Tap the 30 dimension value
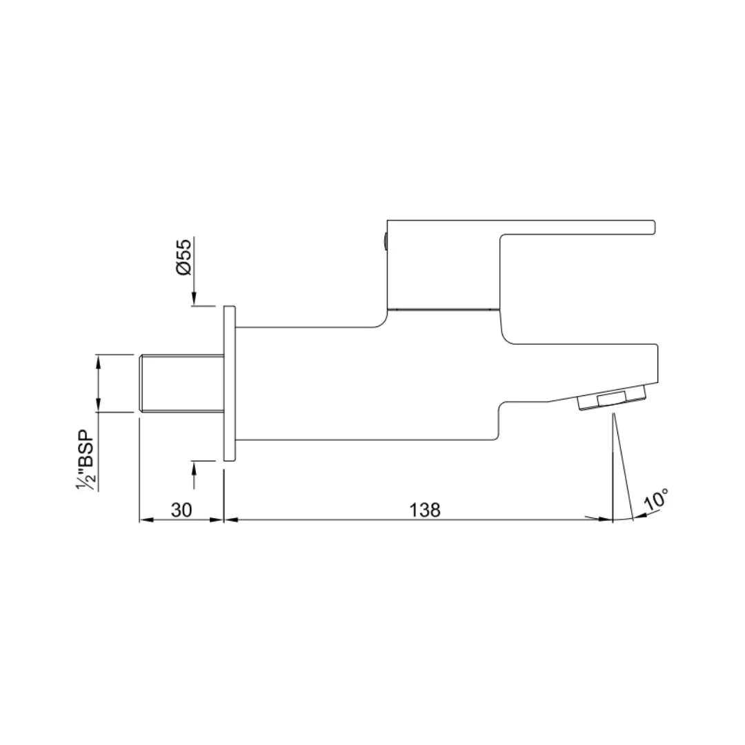coord(181,510)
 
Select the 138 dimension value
coord(425,510)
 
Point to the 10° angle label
coord(656,500)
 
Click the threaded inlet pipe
coord(181,384)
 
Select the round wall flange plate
coord(230,384)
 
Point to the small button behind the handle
coord(384,241)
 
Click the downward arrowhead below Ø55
coord(195,298)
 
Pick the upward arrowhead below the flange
coord(195,468)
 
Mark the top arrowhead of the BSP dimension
coord(99,360)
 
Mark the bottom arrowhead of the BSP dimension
coord(99,406)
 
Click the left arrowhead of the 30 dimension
coord(146,519)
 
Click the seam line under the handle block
coord(442,309)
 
